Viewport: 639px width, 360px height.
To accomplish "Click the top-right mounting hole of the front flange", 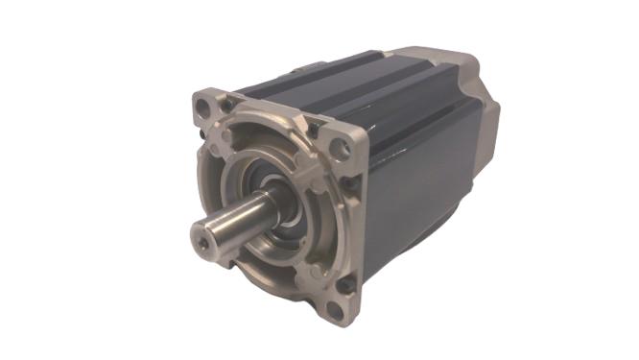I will pyautogui.click(x=338, y=148).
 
